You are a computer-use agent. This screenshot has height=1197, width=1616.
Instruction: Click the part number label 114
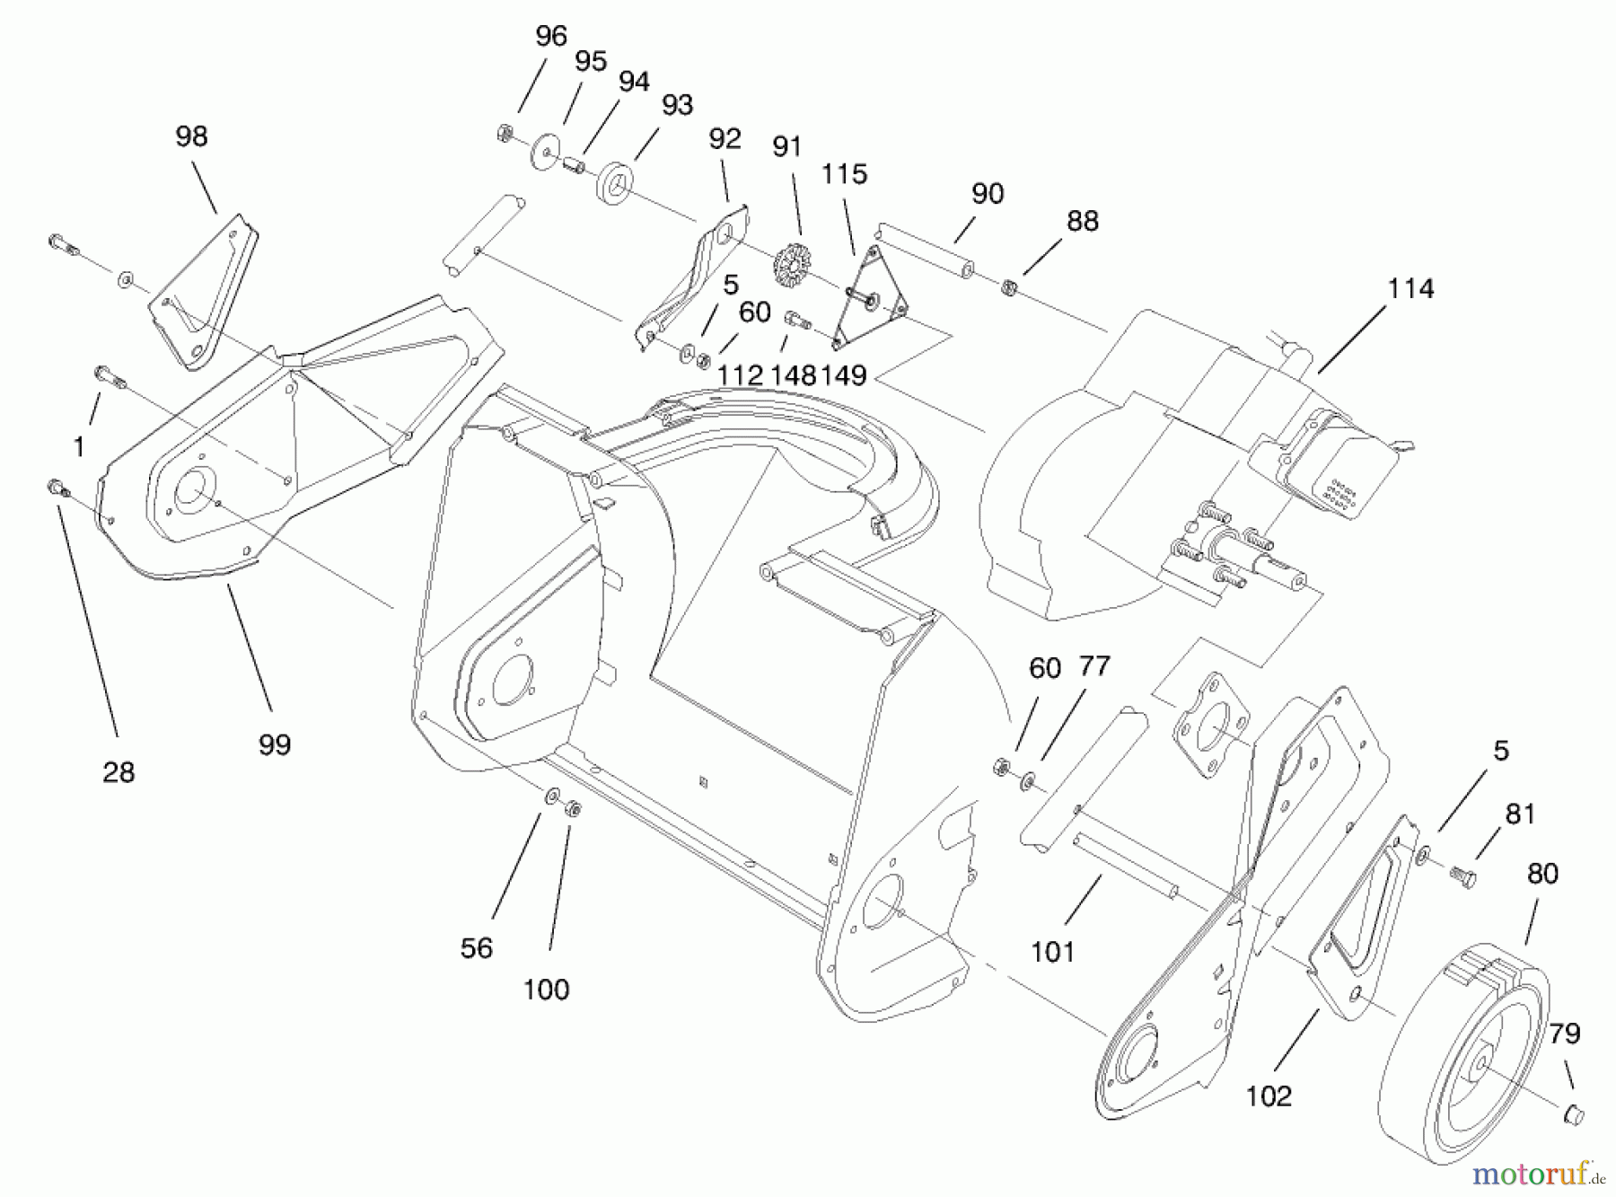1410,289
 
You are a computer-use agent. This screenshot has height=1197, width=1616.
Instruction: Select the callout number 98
191,136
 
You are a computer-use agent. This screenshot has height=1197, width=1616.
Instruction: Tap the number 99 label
275,744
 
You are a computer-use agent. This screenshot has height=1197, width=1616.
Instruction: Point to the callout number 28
119,771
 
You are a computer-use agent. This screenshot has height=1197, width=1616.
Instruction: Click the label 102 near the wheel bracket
1269,1096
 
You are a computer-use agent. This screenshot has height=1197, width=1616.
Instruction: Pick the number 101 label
1052,951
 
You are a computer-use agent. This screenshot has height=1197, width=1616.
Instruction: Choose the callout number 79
1564,1034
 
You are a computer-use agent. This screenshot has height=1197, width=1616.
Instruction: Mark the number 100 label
546,990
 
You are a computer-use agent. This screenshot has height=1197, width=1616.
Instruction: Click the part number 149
843,375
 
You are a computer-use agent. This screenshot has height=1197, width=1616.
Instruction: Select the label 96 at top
551,36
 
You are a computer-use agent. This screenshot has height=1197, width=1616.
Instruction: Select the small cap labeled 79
1574,1114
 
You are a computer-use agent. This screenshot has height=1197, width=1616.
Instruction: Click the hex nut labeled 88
1008,287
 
